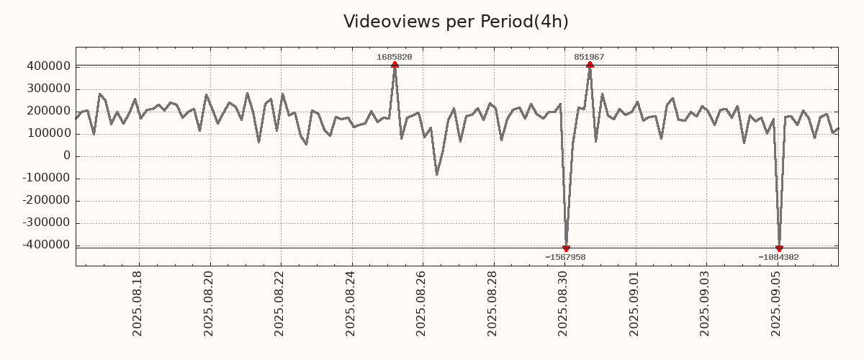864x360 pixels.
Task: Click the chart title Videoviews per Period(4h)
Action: click(x=456, y=22)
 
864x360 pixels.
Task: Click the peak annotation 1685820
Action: click(x=395, y=57)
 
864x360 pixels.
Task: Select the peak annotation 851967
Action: click(x=589, y=57)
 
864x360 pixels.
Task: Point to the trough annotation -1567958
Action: click(x=565, y=257)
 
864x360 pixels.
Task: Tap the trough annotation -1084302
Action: click(x=778, y=257)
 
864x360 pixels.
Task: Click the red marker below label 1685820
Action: click(x=395, y=66)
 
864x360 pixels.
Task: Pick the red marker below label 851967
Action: click(x=590, y=66)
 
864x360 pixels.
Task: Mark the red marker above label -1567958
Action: click(x=566, y=248)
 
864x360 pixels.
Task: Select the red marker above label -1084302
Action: click(x=779, y=248)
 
